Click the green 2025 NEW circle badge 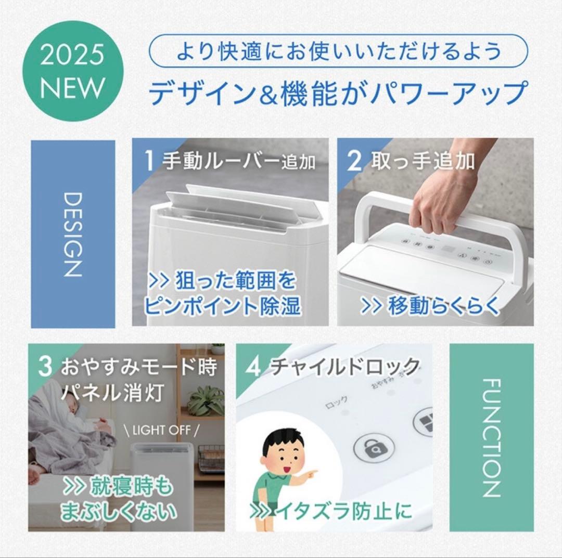coord(72,71)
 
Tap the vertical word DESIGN coord(73,234)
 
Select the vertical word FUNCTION coord(491,437)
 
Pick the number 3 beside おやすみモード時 coord(45,367)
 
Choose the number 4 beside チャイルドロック coord(253,367)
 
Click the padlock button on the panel coord(373,448)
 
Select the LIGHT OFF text coord(162,431)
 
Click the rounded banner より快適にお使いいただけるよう coord(338,51)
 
